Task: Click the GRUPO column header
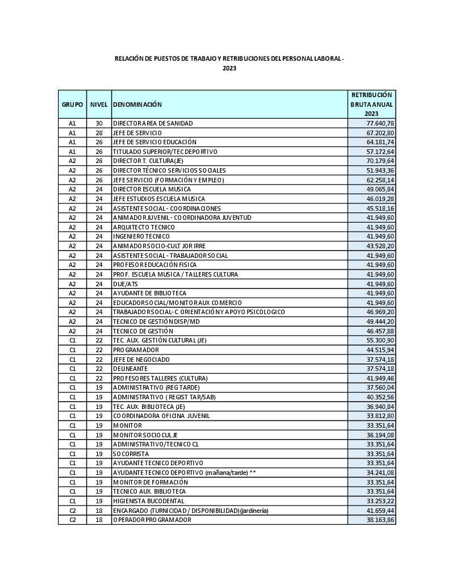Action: click(x=72, y=105)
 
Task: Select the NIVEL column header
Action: click(x=99, y=105)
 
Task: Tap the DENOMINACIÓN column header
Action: click(x=137, y=105)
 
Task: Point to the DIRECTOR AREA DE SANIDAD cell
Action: click(x=153, y=123)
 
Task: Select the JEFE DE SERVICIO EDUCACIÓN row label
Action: click(x=155, y=142)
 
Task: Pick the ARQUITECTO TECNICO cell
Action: click(x=144, y=227)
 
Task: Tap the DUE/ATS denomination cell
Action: click(x=126, y=284)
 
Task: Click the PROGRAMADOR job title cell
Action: click(x=136, y=350)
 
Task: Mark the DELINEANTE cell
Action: click(x=130, y=369)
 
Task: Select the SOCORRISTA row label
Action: click(x=131, y=454)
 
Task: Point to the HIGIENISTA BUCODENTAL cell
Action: click(x=148, y=501)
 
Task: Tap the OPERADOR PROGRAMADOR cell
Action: click(x=152, y=520)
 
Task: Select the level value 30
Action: click(x=99, y=123)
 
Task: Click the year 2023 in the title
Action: click(x=230, y=68)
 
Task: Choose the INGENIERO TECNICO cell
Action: click(x=141, y=236)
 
